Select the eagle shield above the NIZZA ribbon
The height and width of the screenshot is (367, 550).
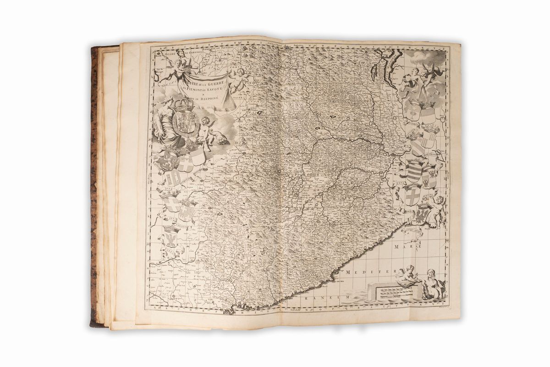coord(170,236)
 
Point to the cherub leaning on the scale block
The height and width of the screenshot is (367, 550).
coord(408,275)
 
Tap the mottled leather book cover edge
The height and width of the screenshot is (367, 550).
coord(94,183)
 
